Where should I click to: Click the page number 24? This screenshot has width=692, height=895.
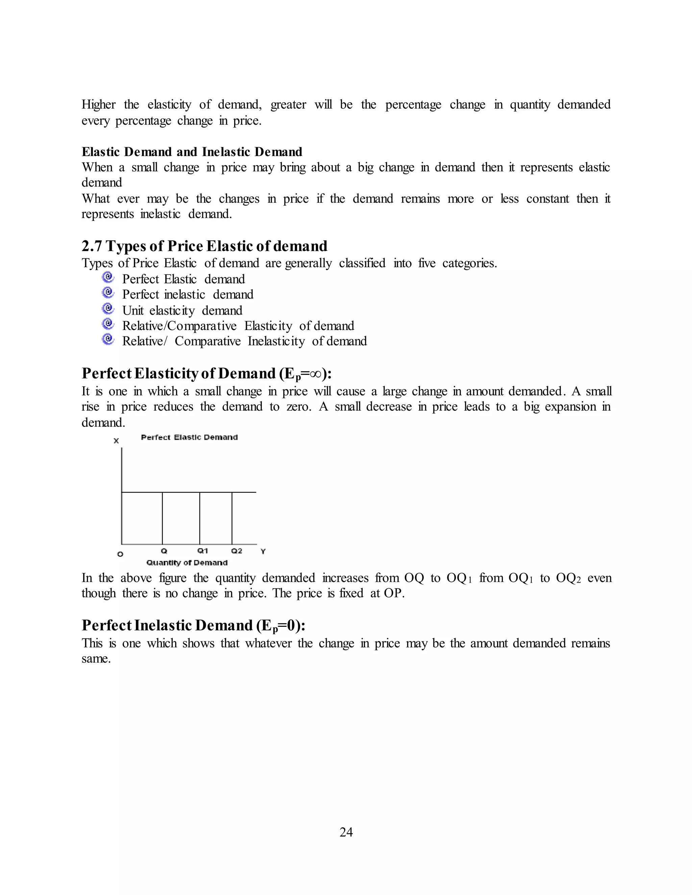(346, 832)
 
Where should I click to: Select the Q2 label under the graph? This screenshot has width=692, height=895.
(237, 551)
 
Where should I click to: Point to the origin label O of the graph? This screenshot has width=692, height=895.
(120, 554)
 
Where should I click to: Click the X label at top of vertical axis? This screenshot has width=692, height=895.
(117, 441)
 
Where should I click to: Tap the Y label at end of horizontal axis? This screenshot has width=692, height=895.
(263, 551)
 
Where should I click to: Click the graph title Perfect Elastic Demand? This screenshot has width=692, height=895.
(189, 437)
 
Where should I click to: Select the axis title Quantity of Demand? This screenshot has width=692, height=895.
(187, 563)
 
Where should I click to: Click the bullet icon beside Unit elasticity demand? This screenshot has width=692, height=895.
(108, 309)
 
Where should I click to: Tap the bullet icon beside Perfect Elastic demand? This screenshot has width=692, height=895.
(108, 278)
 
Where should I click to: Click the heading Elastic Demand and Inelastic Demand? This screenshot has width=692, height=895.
(192, 152)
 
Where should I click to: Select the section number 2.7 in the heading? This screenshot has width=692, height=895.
(92, 246)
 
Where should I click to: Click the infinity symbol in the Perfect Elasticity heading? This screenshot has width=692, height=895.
(316, 374)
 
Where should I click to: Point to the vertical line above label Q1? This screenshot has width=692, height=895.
(200, 518)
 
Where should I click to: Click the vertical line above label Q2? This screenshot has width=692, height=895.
(232, 518)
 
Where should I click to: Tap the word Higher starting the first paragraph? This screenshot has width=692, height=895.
(98, 104)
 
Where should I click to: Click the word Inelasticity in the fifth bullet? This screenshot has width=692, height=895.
(276, 341)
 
